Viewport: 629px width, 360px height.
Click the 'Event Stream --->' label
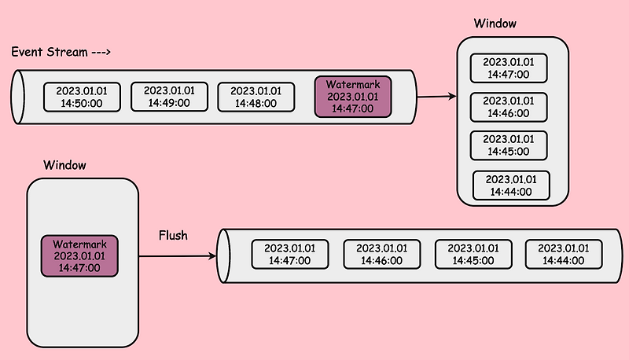click(61, 52)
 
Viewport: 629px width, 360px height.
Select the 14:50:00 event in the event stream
click(82, 97)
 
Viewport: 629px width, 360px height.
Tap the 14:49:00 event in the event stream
click(168, 97)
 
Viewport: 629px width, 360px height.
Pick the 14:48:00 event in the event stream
click(255, 97)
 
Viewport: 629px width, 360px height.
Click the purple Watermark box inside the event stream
click(352, 97)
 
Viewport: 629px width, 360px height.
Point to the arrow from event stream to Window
click(436, 96)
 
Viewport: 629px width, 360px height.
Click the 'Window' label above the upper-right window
click(495, 24)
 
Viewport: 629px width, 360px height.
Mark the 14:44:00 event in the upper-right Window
click(510, 185)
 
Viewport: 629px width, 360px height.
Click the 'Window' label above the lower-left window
click(64, 166)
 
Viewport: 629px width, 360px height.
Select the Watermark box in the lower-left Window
click(79, 255)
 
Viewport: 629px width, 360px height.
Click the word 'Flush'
click(173, 235)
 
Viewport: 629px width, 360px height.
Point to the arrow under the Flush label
click(177, 256)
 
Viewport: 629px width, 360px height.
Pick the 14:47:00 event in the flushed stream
click(288, 254)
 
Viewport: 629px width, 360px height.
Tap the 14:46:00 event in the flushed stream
click(379, 254)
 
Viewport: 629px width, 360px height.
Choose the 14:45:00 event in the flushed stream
click(470, 254)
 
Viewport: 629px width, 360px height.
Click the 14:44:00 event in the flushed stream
click(561, 254)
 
